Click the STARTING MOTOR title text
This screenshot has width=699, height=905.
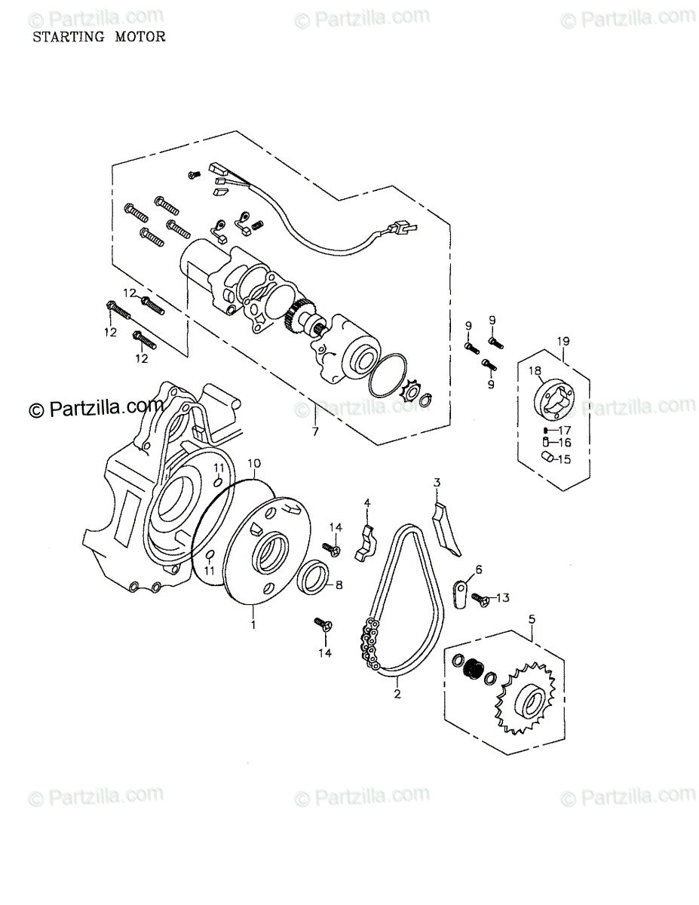[x=98, y=36]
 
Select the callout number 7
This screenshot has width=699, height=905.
[x=315, y=432]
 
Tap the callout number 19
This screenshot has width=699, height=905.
[x=564, y=342]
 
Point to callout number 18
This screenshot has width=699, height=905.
[x=535, y=370]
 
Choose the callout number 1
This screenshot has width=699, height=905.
[x=253, y=624]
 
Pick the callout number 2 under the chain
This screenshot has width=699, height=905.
[x=397, y=695]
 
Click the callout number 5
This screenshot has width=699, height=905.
[x=532, y=619]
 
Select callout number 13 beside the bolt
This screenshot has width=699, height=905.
[x=503, y=598]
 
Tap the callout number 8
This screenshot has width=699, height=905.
[x=339, y=584]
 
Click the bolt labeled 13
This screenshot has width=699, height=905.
[x=479, y=600]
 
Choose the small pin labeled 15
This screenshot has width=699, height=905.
[x=545, y=456]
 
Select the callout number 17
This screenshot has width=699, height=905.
[x=565, y=430]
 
